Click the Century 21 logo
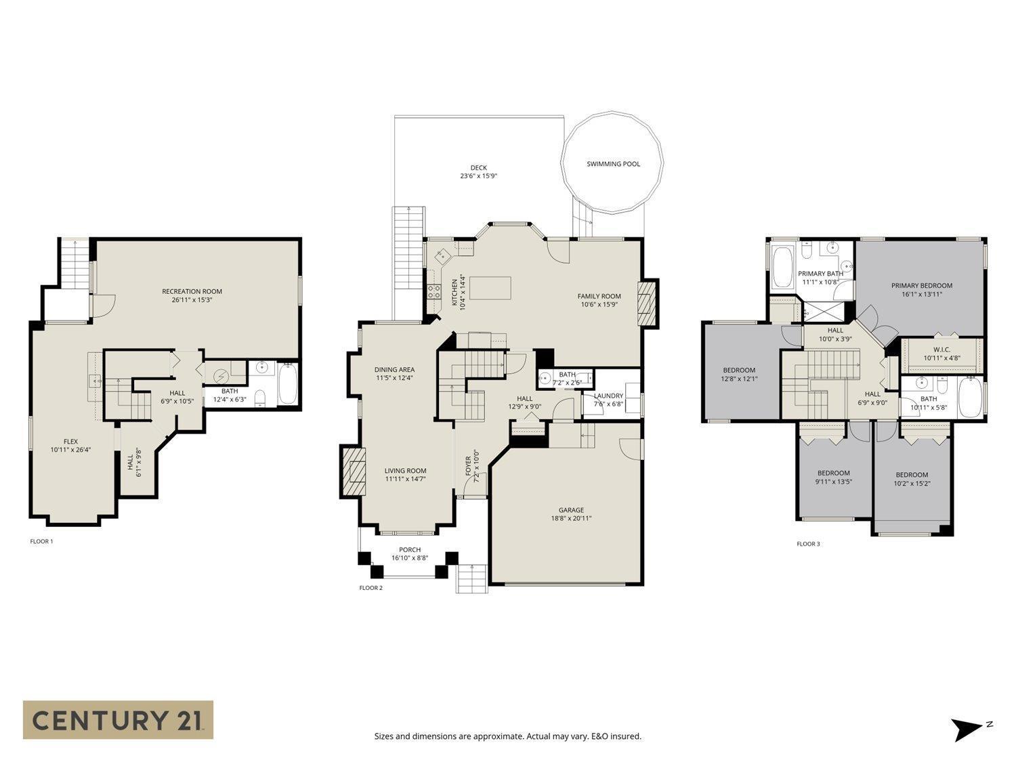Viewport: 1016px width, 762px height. tap(118, 719)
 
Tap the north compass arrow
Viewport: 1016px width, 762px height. tap(967, 729)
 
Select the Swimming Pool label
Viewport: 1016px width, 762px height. tap(613, 164)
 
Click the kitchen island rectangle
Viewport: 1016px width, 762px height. tap(490, 287)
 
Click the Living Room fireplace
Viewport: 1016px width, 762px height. tap(352, 471)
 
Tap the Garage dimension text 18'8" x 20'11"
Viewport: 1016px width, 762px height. tap(571, 519)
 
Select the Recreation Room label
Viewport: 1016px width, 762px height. tap(192, 292)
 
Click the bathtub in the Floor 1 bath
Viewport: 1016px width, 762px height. tap(288, 385)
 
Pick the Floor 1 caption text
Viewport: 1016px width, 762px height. tap(41, 541)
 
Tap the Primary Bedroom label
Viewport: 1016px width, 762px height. tap(921, 286)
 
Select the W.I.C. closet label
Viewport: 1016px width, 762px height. tap(941, 350)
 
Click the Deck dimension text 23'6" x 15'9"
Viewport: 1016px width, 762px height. tap(478, 176)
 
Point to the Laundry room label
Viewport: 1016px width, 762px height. tap(608, 396)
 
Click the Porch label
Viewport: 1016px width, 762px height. tap(409, 550)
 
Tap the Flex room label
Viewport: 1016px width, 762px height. tap(70, 442)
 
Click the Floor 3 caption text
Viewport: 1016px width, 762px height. tap(808, 544)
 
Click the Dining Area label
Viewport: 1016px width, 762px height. tap(394, 370)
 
